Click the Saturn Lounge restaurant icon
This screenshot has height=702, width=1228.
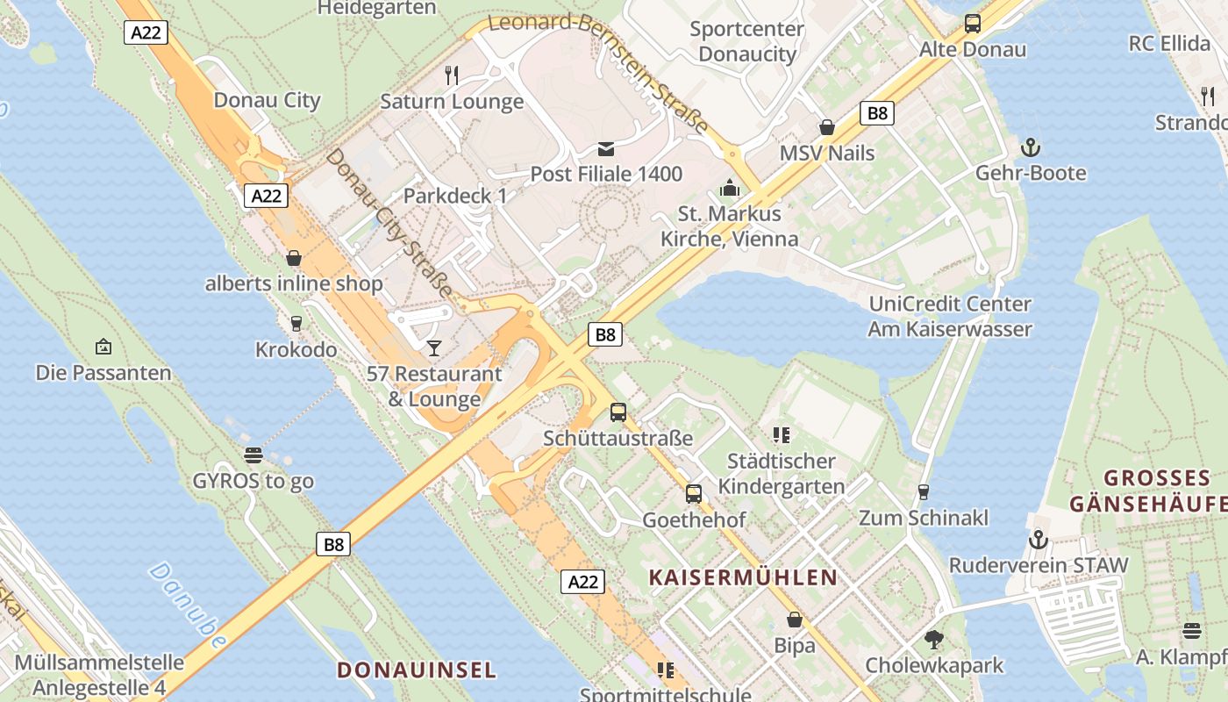pos(452,75)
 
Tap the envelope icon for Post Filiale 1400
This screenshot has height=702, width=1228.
pos(606,148)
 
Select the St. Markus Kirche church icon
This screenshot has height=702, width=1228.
pos(729,188)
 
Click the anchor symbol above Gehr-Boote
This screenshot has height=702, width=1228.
pos(1031,147)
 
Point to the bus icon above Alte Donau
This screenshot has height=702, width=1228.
pos(972,24)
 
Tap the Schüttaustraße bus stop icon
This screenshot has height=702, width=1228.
pos(618,412)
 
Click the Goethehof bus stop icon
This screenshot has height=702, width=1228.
pos(694,494)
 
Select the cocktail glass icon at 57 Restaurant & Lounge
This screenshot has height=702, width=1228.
pos(434,348)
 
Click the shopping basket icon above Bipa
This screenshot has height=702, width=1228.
pos(795,620)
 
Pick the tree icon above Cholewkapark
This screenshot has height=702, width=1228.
pos(934,640)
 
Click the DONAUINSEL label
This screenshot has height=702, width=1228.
pos(417,670)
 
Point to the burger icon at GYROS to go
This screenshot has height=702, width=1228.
pos(253,455)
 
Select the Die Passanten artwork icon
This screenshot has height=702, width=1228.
pos(104,347)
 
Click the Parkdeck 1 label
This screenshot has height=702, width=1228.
pos(455,196)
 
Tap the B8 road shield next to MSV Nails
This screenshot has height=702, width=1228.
pos(876,112)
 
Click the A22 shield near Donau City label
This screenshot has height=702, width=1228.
pos(266,196)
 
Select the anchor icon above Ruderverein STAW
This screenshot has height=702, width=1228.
pos(1039,539)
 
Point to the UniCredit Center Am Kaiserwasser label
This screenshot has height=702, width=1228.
pos(950,316)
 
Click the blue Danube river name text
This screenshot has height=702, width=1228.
pos(187,605)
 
